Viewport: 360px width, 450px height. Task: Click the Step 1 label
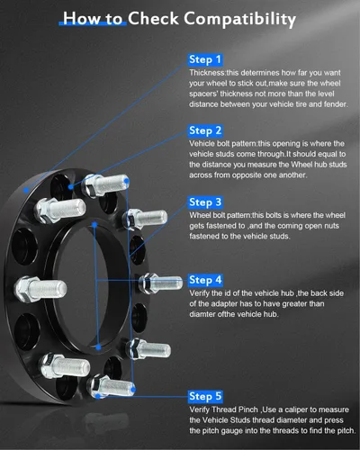[205, 59]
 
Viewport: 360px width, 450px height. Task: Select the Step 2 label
[205, 130]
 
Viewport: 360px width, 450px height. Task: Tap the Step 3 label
[205, 202]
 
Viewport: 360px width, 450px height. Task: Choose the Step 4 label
[205, 280]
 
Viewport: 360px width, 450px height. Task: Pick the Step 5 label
[205, 396]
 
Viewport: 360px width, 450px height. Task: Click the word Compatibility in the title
[239, 19]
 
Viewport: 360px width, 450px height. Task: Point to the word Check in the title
[153, 19]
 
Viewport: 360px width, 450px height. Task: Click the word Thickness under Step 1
[207, 73]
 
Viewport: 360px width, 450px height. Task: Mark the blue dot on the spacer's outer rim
[26, 190]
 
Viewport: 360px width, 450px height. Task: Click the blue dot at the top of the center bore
[94, 224]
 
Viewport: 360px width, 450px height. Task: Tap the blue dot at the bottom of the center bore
[98, 347]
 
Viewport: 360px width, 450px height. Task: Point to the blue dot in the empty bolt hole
[71, 187]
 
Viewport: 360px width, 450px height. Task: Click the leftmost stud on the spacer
[40, 289]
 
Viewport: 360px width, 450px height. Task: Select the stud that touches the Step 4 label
[160, 283]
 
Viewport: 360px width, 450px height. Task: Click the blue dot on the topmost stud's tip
[127, 181]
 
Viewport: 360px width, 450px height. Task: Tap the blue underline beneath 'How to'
[93, 23]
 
